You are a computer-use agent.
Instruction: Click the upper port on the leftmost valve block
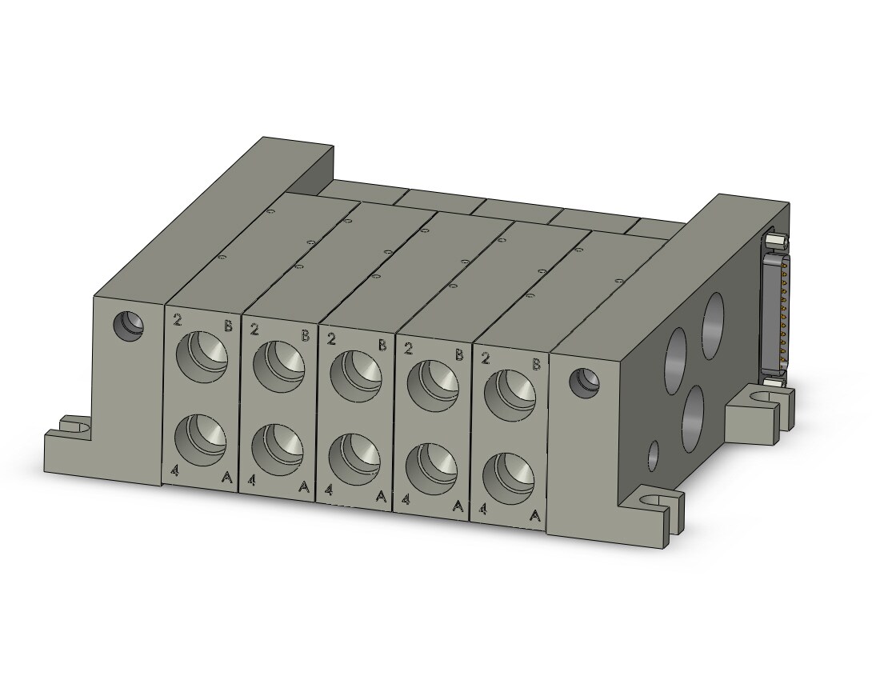click(x=202, y=357)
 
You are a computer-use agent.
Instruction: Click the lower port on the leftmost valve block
click(x=200, y=440)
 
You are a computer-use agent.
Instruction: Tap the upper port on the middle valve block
click(x=355, y=377)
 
